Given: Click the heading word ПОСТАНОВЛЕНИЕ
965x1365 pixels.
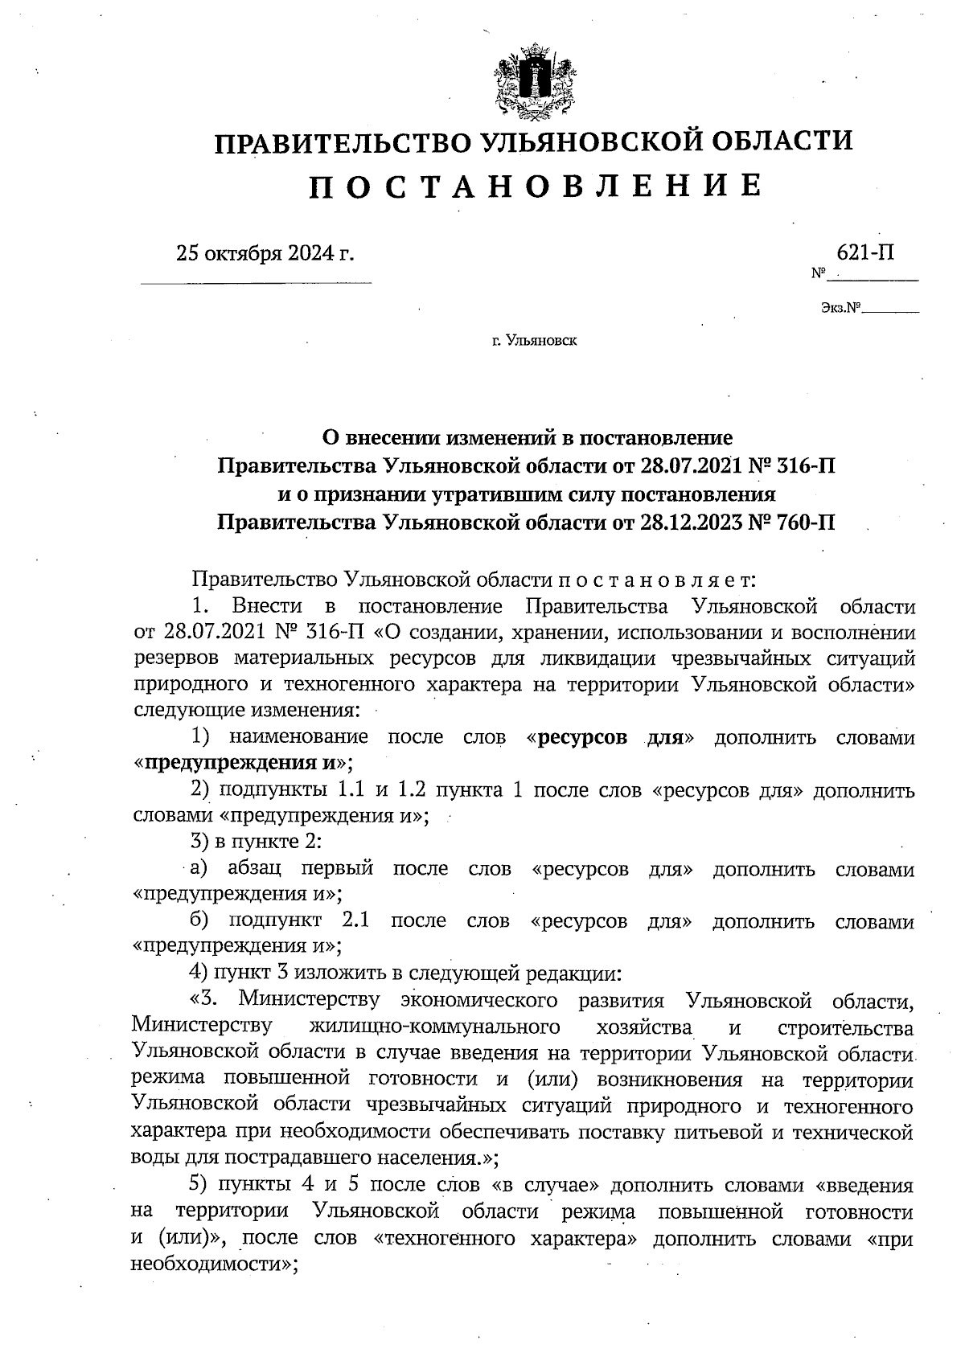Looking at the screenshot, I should tap(535, 186).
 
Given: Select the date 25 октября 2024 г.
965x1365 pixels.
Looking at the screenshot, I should tap(265, 254).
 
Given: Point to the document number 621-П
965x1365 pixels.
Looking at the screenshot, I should tap(865, 252).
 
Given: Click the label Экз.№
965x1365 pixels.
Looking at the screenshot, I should tap(841, 307).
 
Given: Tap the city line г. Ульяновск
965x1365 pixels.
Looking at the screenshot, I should tap(535, 341).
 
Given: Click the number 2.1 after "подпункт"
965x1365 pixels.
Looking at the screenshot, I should tap(356, 920).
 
